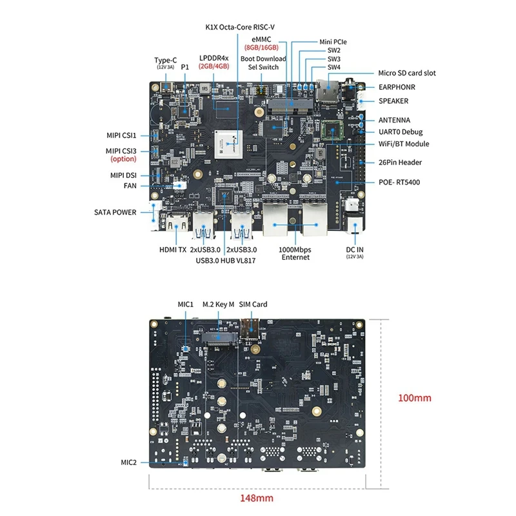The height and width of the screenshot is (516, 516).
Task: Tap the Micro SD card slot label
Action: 406,74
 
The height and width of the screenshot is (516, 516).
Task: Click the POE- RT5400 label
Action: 399,182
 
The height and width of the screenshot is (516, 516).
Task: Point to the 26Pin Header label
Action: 400,163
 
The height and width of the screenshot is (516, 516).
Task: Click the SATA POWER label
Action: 115,212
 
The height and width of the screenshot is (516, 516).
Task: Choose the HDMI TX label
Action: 172,250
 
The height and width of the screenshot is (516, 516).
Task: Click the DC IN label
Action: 356,250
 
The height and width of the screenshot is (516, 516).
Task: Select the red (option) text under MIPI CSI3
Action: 123,159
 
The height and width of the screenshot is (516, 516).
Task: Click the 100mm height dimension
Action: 413,398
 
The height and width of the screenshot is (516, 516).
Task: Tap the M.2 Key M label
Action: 217,304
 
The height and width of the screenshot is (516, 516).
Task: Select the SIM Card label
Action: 253,304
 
